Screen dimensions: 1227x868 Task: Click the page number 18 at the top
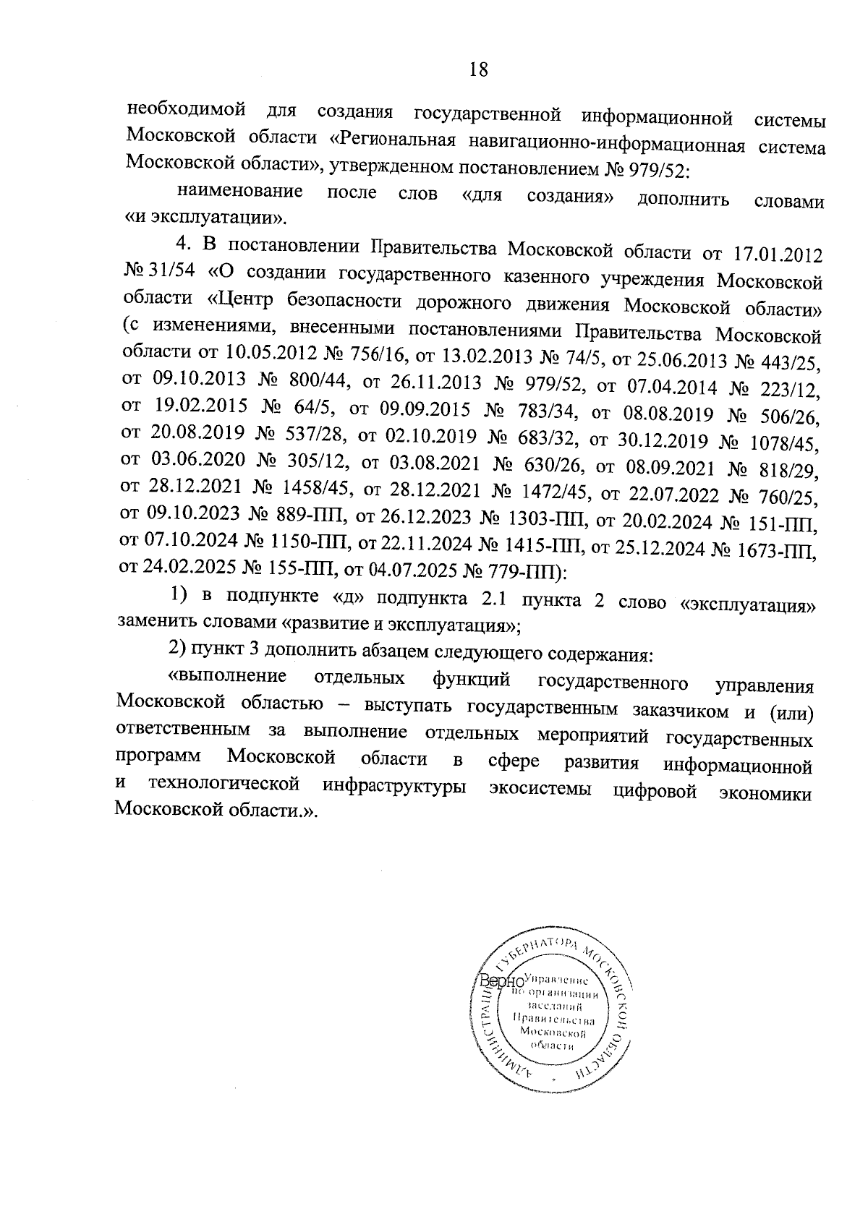coord(479,69)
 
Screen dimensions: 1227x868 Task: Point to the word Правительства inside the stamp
coord(553,1020)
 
